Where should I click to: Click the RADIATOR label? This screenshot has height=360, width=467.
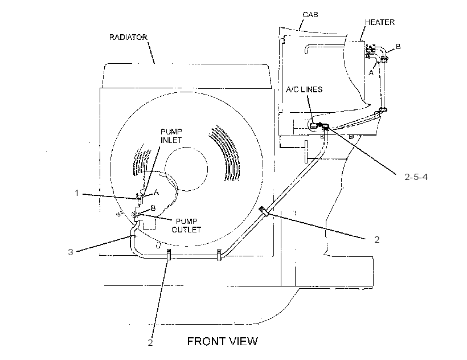(128, 37)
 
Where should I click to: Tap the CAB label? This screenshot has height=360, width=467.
(310, 15)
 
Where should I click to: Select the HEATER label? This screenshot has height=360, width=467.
(380, 22)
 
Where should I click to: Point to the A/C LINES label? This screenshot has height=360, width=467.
(304, 89)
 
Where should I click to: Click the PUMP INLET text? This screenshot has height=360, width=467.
(171, 136)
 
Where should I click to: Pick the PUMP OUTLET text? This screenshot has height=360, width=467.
(186, 226)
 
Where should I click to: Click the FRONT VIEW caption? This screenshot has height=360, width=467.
(222, 341)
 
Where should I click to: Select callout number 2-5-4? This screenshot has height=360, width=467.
(416, 177)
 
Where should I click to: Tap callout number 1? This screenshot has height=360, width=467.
(76, 193)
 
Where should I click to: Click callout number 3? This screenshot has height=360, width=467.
(70, 252)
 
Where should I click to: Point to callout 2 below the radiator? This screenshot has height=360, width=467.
(150, 343)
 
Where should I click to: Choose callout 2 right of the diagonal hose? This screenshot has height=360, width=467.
(377, 239)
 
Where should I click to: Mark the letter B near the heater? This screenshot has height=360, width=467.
(398, 47)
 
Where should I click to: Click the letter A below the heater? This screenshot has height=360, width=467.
(371, 72)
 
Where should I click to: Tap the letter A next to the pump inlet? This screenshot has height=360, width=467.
(156, 193)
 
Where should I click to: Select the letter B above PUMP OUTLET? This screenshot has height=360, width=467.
(153, 208)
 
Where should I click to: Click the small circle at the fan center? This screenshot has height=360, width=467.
(186, 169)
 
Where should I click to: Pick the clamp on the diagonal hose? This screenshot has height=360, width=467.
(264, 211)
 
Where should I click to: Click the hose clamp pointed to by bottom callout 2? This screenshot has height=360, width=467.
(169, 255)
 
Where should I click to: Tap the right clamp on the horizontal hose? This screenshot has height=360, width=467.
(219, 255)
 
